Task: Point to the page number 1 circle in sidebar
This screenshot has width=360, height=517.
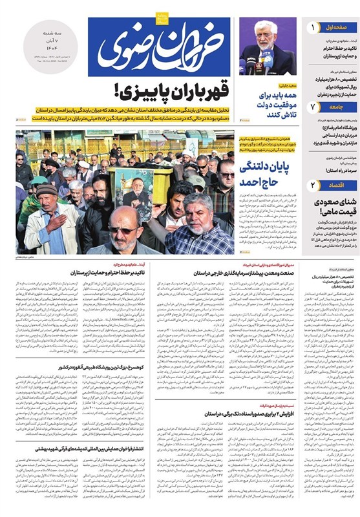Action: click(313, 28)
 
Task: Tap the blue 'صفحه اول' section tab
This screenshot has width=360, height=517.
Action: click(339, 28)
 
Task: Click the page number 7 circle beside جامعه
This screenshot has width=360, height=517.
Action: click(313, 106)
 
